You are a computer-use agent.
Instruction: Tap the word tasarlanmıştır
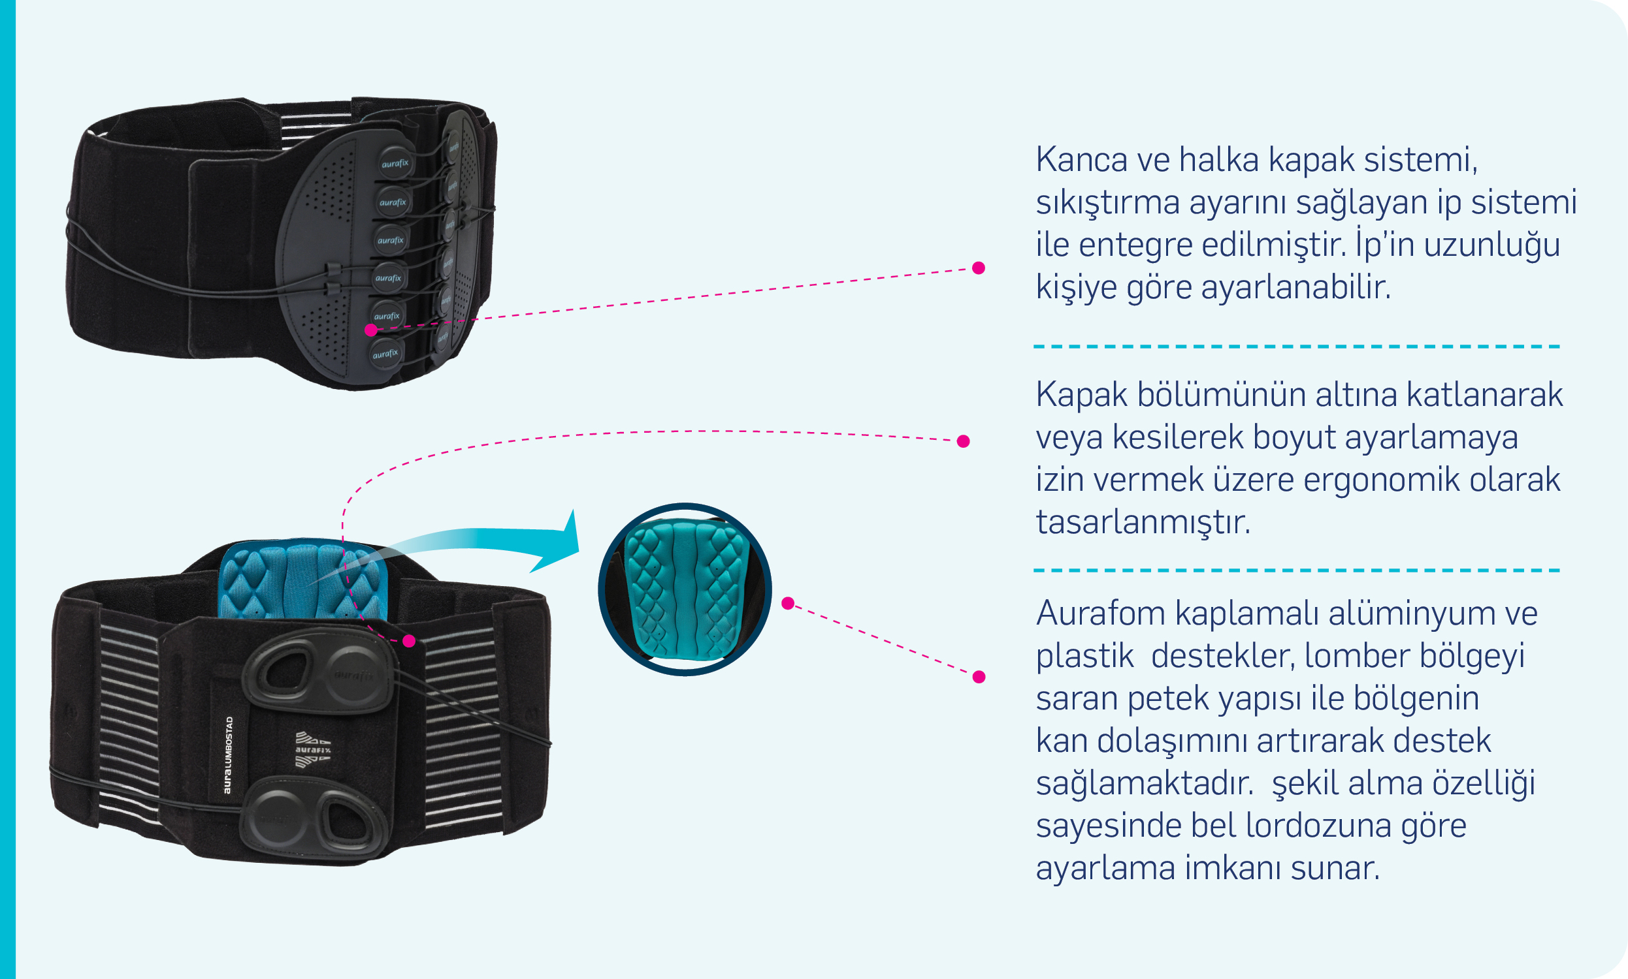tap(1143, 523)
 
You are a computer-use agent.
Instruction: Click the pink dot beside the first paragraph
tap(979, 268)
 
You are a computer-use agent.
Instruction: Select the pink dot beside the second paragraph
tap(963, 441)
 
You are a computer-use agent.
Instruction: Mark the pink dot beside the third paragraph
tap(979, 677)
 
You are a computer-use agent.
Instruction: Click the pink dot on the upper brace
tap(371, 330)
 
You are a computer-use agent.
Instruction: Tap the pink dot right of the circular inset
tap(788, 603)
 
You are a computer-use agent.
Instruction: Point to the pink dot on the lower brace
tap(410, 640)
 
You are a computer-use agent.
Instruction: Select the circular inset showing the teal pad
tap(685, 590)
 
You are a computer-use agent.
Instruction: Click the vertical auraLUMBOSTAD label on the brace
tap(229, 754)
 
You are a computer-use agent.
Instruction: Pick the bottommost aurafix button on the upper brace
tap(385, 354)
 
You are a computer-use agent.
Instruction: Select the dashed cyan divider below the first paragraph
tap(1296, 347)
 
